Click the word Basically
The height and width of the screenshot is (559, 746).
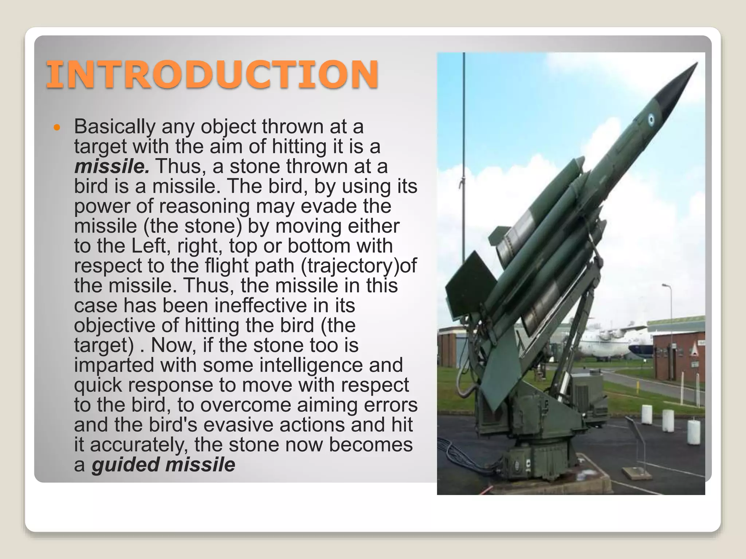point(115,127)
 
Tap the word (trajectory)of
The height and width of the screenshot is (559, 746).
point(359,266)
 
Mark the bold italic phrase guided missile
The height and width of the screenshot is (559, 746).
point(164,465)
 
